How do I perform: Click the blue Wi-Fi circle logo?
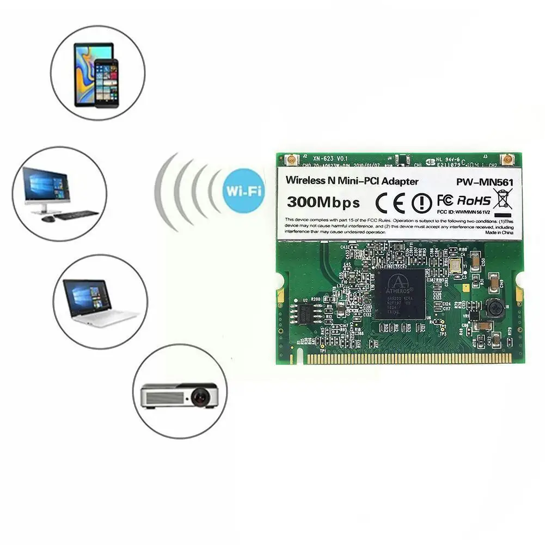click(x=244, y=191)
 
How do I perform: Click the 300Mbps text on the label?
click(x=323, y=203)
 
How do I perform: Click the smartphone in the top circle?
click(x=105, y=82)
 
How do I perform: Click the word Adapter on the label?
click(x=400, y=181)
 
